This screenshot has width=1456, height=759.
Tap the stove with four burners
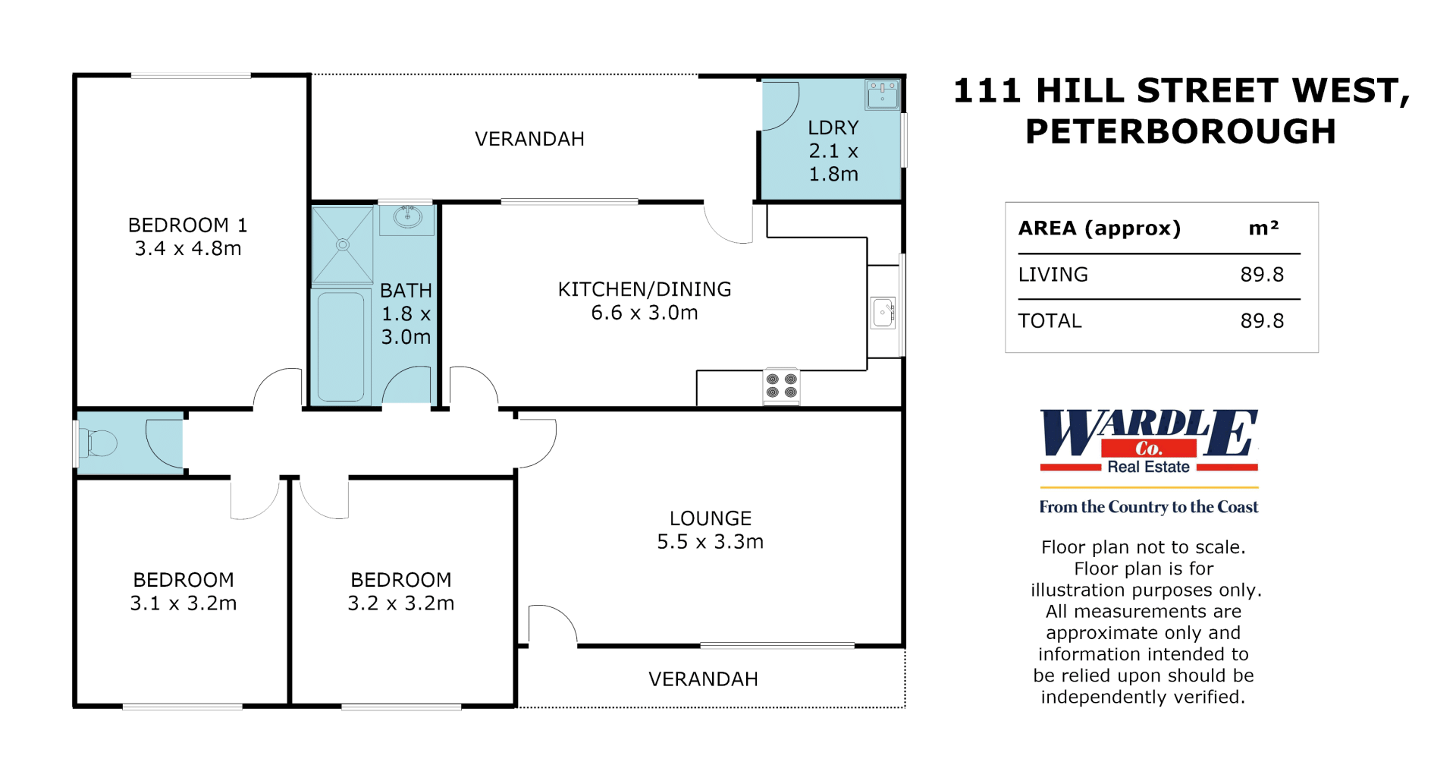click(x=781, y=386)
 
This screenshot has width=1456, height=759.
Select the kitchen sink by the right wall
click(x=883, y=312)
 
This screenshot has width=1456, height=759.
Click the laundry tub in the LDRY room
click(x=883, y=95)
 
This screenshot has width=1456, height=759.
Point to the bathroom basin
click(x=407, y=218)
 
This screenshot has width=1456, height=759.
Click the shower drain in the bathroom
click(x=343, y=245)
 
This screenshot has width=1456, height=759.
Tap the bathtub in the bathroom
click(x=340, y=347)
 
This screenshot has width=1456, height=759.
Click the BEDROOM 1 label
click(x=187, y=225)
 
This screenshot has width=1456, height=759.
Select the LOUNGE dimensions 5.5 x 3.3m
click(x=710, y=542)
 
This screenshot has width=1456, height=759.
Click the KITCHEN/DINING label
click(x=645, y=289)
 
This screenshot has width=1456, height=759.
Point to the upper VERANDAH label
click(x=529, y=140)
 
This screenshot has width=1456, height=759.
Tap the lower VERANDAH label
click(x=703, y=679)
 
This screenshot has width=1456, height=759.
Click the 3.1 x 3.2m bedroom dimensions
click(x=184, y=603)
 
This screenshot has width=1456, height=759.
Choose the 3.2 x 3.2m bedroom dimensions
click(x=401, y=603)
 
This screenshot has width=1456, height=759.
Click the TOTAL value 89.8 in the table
click(x=1262, y=321)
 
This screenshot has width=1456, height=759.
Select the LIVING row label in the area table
click(x=1053, y=275)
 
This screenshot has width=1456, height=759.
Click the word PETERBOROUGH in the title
click(x=1181, y=131)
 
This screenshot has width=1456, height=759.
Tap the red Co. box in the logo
click(x=1149, y=449)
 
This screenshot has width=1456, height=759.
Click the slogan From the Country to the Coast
click(x=1149, y=507)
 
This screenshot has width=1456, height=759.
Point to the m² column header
click(x=1263, y=228)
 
